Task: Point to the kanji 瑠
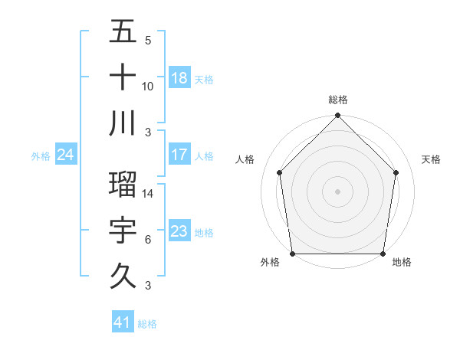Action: pos(123,184)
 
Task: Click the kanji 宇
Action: pos(123,230)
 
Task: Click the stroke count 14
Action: pos(149,194)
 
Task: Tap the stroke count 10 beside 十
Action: pos(148,86)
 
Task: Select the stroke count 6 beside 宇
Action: pos(148,240)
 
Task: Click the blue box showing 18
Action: pos(179,78)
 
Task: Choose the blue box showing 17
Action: pos(179,155)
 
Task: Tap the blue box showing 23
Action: pos(179,231)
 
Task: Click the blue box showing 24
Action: pos(65,155)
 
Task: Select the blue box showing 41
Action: pos(122,322)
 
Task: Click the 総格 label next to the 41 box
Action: pos(148,324)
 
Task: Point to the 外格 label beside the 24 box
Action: pos(41,156)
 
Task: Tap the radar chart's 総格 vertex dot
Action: pos(337,117)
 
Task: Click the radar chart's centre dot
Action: pos(337,191)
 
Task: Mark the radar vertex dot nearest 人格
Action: pos(280,172)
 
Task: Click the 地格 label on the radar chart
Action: pos(402,262)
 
